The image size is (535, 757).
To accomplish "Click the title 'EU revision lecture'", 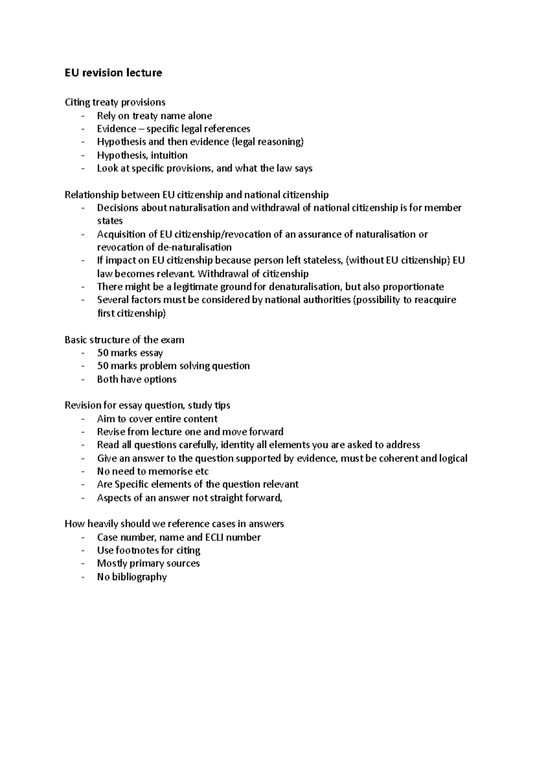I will coord(113,73).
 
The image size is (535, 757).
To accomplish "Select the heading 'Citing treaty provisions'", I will coord(115,102).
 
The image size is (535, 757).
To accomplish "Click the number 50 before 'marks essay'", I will coord(103,353).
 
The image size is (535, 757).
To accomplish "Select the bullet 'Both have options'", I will coord(136,379).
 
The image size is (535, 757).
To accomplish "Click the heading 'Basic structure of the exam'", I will coord(124,340).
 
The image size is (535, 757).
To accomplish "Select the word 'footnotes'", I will coord(137,550).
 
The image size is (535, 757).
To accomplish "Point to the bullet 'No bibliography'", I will coord(132,577).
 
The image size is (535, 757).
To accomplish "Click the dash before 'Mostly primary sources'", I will coord(82,564).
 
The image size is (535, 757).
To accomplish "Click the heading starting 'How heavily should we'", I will coord(174,524).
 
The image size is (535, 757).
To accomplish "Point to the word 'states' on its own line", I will coord(110,221).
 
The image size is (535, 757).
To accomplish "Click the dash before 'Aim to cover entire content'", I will coord(82,419).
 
